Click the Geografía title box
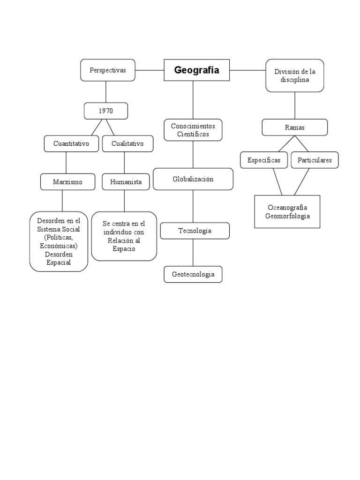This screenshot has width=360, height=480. pyautogui.click(x=196, y=70)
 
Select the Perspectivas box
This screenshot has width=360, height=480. pyautogui.click(x=108, y=70)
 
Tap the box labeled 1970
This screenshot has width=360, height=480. pyautogui.click(x=106, y=111)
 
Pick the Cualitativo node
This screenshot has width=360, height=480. pyautogui.click(x=127, y=143)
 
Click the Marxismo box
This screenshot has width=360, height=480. pyautogui.click(x=68, y=182)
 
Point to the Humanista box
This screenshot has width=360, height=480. pyautogui.click(x=126, y=182)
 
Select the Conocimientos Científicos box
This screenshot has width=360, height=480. pyautogui.click(x=193, y=130)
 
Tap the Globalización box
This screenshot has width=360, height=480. pyautogui.click(x=193, y=179)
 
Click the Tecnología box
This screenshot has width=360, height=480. pyautogui.click(x=195, y=231)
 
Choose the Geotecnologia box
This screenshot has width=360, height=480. pyautogui.click(x=193, y=274)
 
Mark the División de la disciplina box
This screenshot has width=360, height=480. pyautogui.click(x=295, y=75)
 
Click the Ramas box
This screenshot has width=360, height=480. pyautogui.click(x=294, y=127)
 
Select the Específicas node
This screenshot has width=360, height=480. pyautogui.click(x=264, y=160)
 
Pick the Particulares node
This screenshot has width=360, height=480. pyautogui.click(x=315, y=160)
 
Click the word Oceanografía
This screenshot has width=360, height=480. pyautogui.click(x=287, y=208)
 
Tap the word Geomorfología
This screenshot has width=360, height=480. pyautogui.click(x=287, y=216)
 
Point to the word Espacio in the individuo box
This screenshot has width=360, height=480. pyautogui.click(x=124, y=249)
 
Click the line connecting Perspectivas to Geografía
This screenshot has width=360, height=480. pyautogui.click(x=150, y=70)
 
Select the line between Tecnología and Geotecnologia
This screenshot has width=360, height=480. pyautogui.click(x=193, y=253)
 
